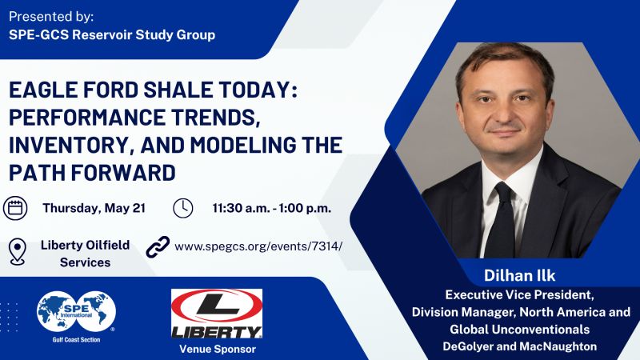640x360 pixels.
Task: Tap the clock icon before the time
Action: tap(182, 208)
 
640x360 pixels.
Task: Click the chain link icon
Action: tap(158, 246)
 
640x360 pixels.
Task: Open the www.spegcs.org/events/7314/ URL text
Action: tap(258, 246)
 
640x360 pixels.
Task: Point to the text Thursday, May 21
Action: tap(94, 208)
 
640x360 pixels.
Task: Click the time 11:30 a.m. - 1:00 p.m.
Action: tap(272, 208)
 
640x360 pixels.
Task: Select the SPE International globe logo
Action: tap(77, 307)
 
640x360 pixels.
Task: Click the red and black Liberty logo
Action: tap(216, 314)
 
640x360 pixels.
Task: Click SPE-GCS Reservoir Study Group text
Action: tap(112, 35)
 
